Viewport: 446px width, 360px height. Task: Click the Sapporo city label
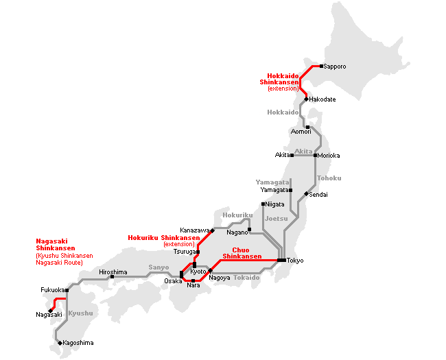click(335, 67)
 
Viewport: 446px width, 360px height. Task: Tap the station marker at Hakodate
click(306, 99)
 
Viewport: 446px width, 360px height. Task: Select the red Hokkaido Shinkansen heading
click(279, 79)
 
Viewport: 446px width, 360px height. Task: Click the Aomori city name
click(301, 132)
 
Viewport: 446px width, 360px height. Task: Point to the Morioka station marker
click(315, 155)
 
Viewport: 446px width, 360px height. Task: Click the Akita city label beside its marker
click(283, 155)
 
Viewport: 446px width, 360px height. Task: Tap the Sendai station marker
click(307, 194)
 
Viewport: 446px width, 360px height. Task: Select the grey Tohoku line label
click(329, 178)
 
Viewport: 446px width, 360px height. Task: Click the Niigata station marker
click(263, 204)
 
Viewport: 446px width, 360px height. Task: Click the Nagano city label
click(237, 232)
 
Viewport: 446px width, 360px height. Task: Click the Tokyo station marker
click(281, 261)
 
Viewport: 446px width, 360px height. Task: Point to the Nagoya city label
click(220, 277)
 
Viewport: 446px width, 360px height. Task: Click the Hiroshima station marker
click(113, 277)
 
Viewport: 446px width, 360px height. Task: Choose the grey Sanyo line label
click(159, 267)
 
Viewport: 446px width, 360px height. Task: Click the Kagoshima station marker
click(60, 342)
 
